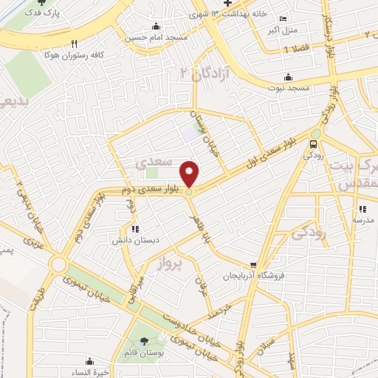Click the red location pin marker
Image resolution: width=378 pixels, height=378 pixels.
[190, 174]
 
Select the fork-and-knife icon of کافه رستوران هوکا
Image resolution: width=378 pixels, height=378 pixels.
[74, 44]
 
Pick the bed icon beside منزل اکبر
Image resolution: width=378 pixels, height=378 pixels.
[286, 18]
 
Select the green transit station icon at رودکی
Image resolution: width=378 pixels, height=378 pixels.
[315, 144]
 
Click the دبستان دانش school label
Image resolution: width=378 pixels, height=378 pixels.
[133, 241]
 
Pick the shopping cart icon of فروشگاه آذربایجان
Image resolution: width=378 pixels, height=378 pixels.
[253, 264]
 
